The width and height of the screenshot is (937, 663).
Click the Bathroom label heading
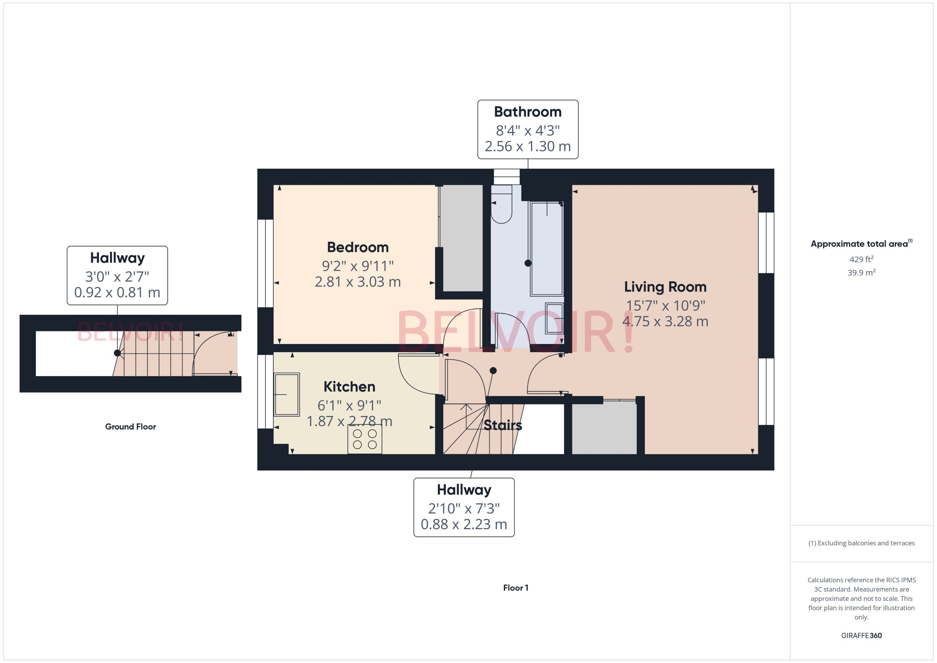click(x=527, y=112)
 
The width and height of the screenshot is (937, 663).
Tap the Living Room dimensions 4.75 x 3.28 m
click(x=665, y=321)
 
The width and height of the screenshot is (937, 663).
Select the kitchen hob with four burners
click(x=365, y=439)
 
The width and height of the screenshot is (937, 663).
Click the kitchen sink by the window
click(x=287, y=394)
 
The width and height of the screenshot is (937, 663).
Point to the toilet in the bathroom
click(x=501, y=206)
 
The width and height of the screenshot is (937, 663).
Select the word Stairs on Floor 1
click(x=502, y=425)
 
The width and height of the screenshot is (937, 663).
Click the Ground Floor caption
click(x=130, y=427)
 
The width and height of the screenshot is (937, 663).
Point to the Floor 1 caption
click(x=515, y=588)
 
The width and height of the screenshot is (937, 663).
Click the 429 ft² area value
click(x=861, y=259)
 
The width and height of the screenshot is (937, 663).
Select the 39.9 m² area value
click(x=861, y=272)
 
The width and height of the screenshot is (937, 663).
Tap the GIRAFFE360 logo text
click(x=861, y=636)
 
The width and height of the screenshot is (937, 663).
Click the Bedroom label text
click(x=358, y=247)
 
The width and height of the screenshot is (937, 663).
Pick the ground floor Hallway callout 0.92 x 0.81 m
click(x=117, y=292)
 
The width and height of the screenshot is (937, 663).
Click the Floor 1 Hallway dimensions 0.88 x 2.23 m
click(x=464, y=524)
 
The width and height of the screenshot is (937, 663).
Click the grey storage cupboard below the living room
click(x=604, y=428)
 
